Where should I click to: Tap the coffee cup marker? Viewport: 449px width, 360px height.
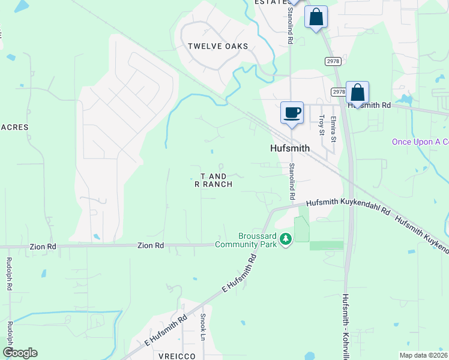click(x=292, y=113)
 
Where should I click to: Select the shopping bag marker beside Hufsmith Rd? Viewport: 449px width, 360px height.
click(x=357, y=93)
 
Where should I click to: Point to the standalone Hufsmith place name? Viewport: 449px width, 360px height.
click(x=289, y=148)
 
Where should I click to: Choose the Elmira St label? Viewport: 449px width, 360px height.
click(x=333, y=130)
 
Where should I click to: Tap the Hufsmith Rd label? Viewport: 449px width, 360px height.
click(x=369, y=105)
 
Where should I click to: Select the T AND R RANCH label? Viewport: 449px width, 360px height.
click(x=214, y=180)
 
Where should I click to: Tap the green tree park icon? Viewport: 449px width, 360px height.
click(x=286, y=239)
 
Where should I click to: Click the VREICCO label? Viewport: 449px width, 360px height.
click(x=173, y=356)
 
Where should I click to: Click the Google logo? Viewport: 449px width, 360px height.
click(x=20, y=353)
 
